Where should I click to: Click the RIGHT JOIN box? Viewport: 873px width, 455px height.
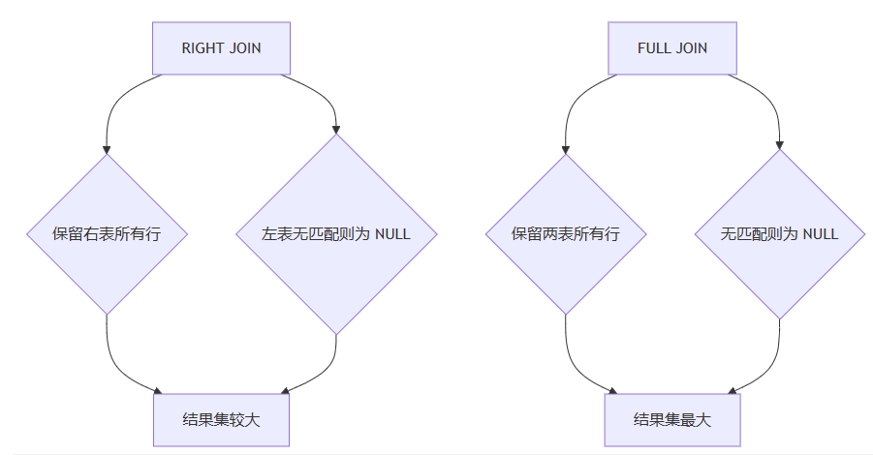[221, 48]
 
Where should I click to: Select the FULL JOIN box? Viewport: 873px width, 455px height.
[671, 48]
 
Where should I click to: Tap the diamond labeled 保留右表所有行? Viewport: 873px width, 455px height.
[106, 233]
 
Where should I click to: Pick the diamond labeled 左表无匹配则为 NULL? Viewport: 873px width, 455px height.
[336, 233]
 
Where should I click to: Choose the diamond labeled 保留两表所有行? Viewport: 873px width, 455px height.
[566, 233]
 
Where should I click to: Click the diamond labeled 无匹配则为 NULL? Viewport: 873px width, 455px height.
[779, 233]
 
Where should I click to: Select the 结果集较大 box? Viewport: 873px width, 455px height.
[221, 420]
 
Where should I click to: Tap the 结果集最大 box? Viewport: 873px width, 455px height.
[671, 420]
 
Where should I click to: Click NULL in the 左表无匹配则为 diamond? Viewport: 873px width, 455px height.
[391, 234]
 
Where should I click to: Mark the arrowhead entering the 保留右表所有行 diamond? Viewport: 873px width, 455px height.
[106, 148]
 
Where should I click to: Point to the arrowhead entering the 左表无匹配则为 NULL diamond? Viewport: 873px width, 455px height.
[336, 128]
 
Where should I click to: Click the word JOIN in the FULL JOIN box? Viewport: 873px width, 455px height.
[692, 48]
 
